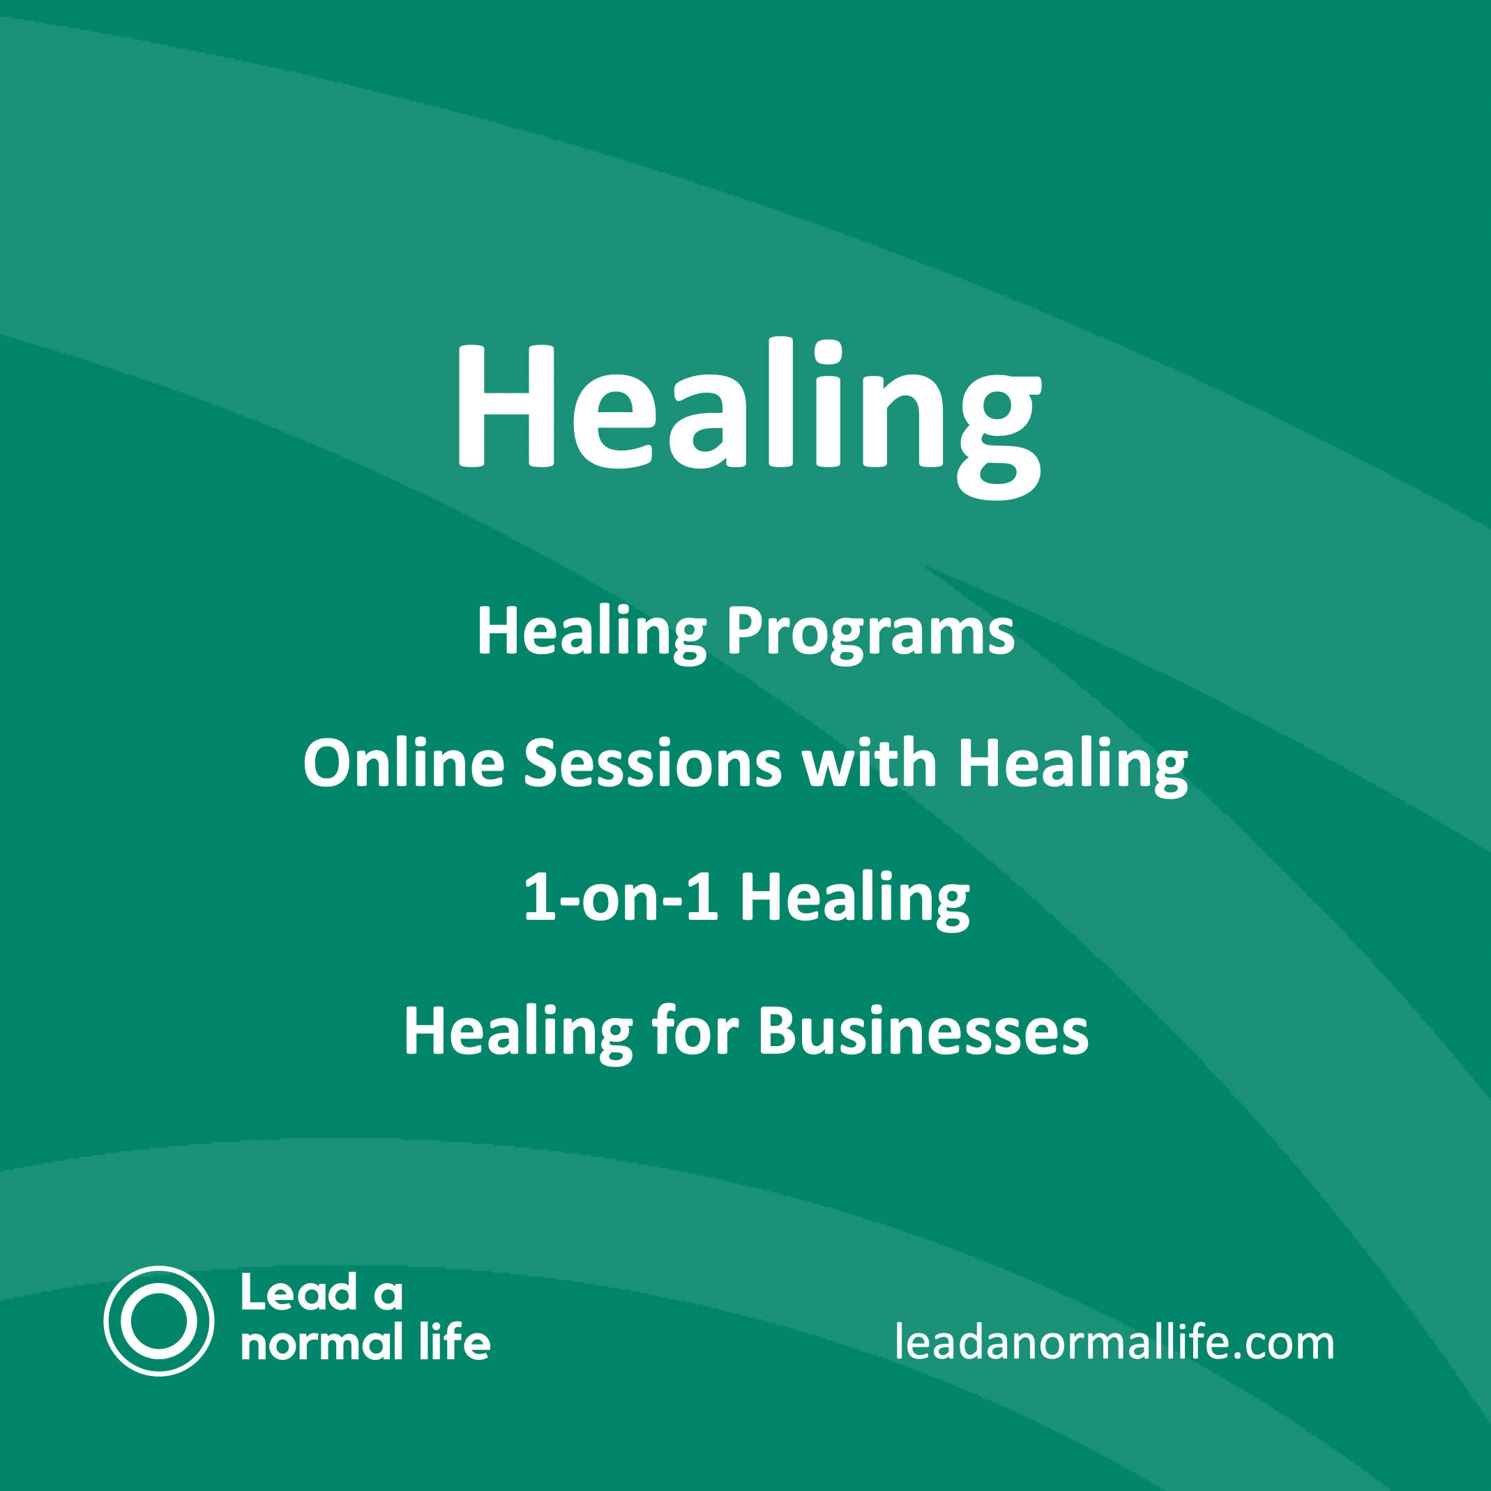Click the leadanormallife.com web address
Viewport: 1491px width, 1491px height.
click(1114, 1343)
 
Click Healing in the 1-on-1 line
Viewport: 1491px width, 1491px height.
click(854, 898)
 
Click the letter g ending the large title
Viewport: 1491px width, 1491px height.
click(999, 432)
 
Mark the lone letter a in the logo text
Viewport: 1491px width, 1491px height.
click(388, 1295)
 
